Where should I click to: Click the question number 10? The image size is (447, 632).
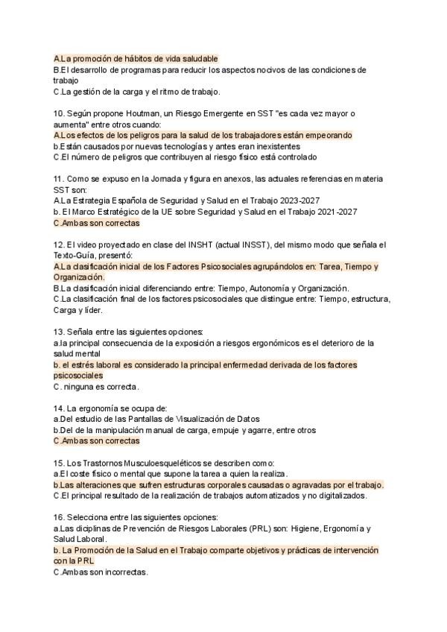[58, 113]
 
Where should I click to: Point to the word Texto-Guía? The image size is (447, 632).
[77, 256]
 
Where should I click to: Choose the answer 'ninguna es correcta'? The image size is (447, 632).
[99, 387]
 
